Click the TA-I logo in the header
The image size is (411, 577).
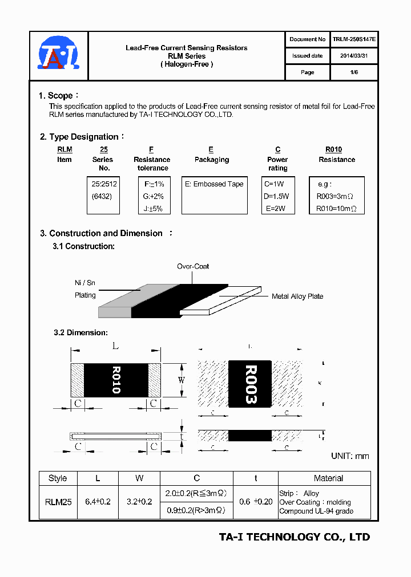(x=59, y=56)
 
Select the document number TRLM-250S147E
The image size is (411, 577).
(x=354, y=39)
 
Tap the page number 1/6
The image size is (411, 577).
(x=354, y=72)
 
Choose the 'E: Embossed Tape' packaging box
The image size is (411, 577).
(x=214, y=184)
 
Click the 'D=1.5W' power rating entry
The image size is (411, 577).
(x=277, y=196)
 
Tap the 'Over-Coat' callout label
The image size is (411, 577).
(x=193, y=266)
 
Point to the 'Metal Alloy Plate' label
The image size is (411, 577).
(x=297, y=296)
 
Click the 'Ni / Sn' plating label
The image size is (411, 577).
(x=85, y=282)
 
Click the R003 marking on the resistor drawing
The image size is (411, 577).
(x=250, y=384)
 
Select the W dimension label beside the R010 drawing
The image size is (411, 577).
(x=182, y=380)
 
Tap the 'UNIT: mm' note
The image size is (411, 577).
(x=350, y=456)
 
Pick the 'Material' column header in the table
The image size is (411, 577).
(x=328, y=478)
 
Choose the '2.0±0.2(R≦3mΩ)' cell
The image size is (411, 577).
(x=196, y=493)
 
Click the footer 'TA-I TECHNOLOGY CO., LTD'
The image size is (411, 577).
(x=295, y=537)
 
